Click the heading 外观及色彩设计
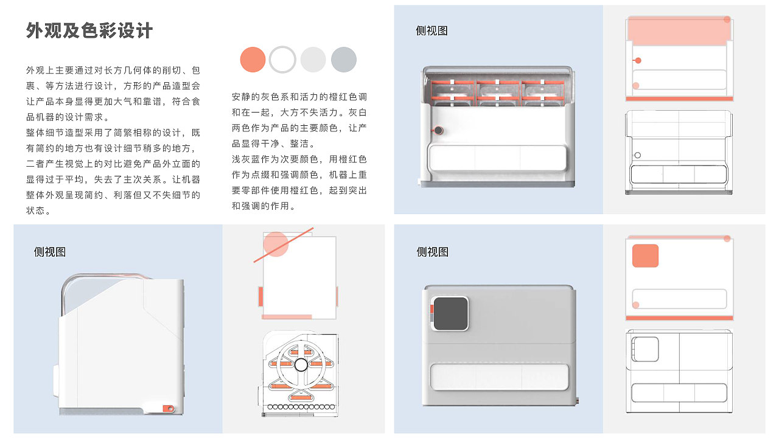coord(89,30)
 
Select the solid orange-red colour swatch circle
coord(253,60)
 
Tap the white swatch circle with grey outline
coord(282,60)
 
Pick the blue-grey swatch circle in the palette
coord(344,60)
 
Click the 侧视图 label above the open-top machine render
coord(431,31)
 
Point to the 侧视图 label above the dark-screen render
coord(432,252)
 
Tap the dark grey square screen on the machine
coord(450,313)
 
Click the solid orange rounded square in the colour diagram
coord(645,255)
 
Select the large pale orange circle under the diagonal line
coord(276,244)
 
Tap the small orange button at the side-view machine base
coord(167,409)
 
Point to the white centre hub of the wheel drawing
coord(301,365)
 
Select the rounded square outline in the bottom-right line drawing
coord(645,349)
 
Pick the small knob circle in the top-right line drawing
coord(637,155)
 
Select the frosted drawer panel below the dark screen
coord(500,377)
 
